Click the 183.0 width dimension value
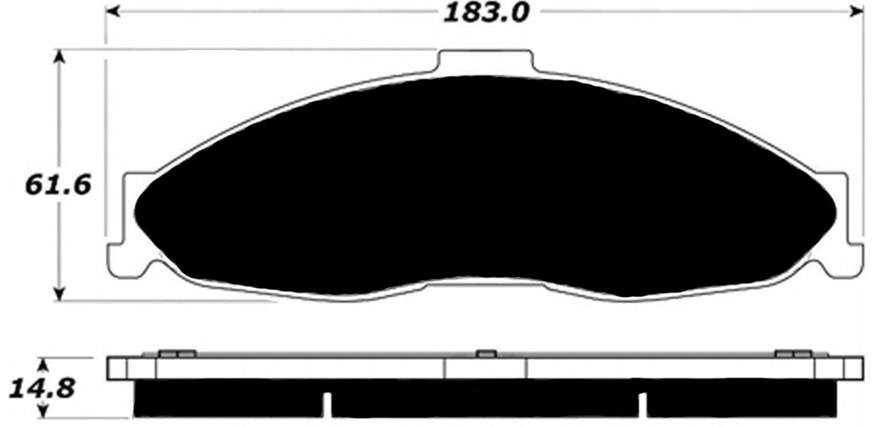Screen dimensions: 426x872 pyautogui.click(x=485, y=13)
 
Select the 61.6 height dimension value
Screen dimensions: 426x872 pyautogui.click(x=58, y=185)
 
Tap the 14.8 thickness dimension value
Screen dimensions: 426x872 pyautogui.click(x=42, y=389)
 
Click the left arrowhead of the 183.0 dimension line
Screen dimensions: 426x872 pyautogui.click(x=111, y=12)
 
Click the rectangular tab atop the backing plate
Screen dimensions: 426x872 pyautogui.click(x=485, y=62)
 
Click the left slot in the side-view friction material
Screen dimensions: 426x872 pyautogui.click(x=326, y=402)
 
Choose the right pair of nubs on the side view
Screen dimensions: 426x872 pyautogui.click(x=792, y=354)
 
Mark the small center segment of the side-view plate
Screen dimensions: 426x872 pyautogui.click(x=485, y=368)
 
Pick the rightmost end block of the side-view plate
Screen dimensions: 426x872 pyautogui.click(x=852, y=368)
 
